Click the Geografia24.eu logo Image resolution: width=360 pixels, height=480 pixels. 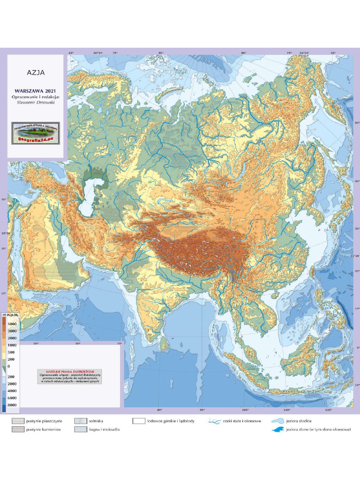(x=36, y=133)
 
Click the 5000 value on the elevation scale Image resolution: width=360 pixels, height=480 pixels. (x=12, y=324)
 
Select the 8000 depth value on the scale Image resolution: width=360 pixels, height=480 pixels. (x=12, y=405)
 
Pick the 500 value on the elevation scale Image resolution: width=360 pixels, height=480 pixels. (x=12, y=352)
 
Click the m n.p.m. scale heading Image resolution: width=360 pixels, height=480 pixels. (x=11, y=315)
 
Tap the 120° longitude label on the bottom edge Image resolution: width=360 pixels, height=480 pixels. (x=328, y=410)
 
